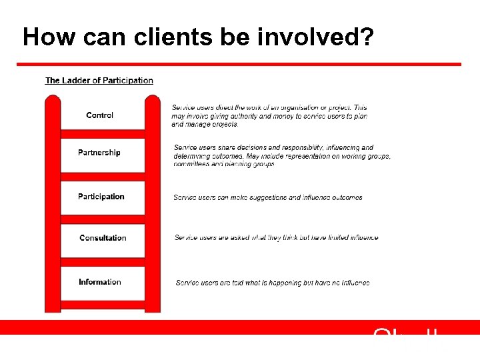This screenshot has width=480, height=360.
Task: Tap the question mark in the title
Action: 365,37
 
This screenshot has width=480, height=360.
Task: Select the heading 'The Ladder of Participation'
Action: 99,81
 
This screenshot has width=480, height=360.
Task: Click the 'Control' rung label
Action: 100,115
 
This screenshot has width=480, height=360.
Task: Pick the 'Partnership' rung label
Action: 99,153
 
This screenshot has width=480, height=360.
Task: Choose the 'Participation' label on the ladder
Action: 101,197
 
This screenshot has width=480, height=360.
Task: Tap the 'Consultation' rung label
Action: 103,238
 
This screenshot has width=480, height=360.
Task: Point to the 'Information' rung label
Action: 100,282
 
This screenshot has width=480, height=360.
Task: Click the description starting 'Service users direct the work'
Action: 269,116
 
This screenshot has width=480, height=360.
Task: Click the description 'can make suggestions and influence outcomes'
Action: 268,197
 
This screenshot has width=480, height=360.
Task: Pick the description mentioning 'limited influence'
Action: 276,238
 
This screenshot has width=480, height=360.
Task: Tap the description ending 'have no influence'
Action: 273,283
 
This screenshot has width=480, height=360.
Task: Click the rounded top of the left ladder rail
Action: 53,101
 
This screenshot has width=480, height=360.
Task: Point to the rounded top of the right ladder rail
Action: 153,101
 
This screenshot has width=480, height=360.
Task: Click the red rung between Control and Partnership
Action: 103,133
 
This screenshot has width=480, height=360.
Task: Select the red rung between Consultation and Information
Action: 103,262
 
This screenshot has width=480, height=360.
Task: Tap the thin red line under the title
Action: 239,65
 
